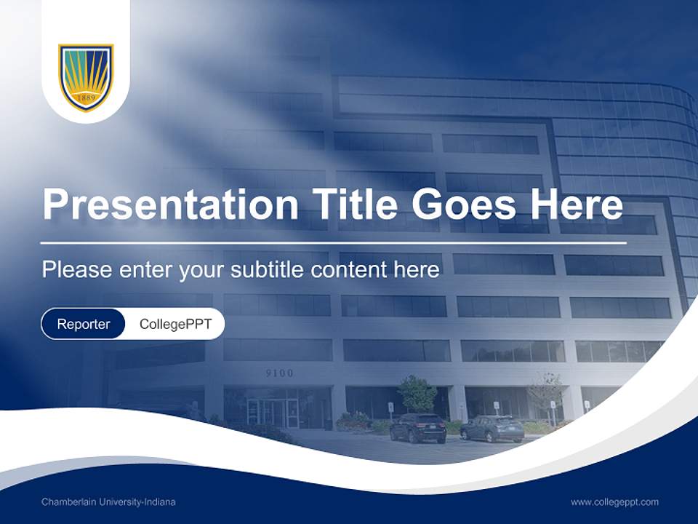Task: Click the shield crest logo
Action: pos(86,77)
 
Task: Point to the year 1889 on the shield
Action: pos(86,97)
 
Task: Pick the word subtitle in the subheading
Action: pos(268,270)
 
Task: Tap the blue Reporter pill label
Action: pos(84,324)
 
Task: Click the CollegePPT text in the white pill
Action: pos(175,324)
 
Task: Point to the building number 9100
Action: pos(279,373)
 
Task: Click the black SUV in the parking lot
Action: pos(417,428)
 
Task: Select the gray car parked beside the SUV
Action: pos(492,428)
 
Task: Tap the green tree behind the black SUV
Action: pos(417,394)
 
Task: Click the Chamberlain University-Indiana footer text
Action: pos(108,502)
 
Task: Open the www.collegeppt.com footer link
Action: pos(614,502)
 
